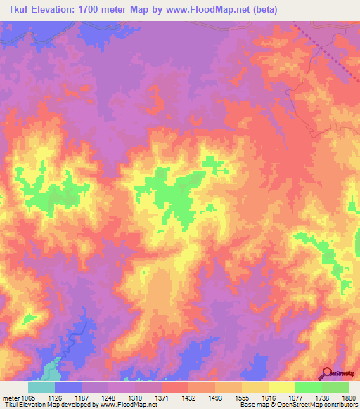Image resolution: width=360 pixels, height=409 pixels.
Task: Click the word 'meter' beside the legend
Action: click(x=11, y=397)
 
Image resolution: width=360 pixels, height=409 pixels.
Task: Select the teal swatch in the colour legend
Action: click(x=41, y=387)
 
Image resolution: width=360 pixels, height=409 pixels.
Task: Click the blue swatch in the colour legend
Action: click(x=67, y=387)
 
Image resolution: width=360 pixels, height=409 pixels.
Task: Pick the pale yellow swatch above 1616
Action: click(x=281, y=387)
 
